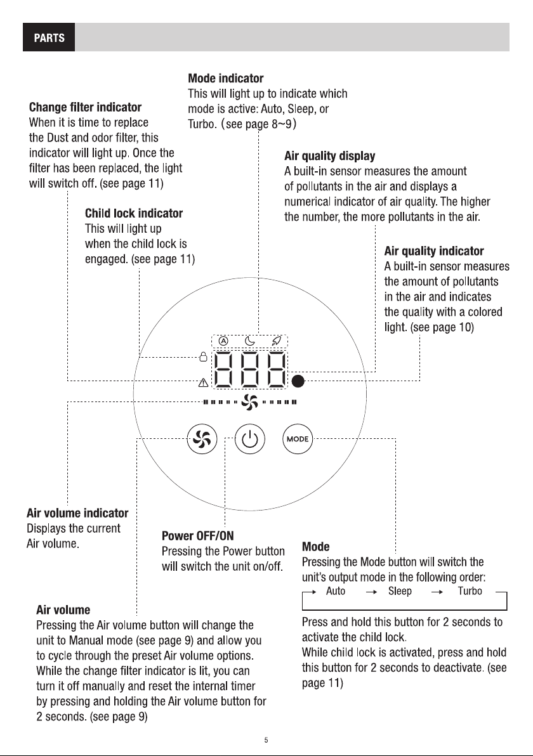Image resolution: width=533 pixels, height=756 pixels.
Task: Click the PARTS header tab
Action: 49,37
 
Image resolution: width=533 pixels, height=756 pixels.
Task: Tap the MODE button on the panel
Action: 297,439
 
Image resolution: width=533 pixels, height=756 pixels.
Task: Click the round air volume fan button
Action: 202,439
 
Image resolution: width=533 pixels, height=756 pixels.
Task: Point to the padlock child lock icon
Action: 204,356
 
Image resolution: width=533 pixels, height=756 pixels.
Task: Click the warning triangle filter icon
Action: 204,383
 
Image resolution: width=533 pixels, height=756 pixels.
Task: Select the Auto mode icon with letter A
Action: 223,341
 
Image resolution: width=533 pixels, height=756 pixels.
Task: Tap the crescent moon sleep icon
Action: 249,341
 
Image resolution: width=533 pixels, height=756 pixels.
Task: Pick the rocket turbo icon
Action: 277,341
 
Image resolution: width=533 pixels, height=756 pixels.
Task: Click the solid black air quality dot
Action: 299,381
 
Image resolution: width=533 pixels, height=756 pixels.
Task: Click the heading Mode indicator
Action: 226,78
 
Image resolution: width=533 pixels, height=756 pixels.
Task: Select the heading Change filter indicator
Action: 86,107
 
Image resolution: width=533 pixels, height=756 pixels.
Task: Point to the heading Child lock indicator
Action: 134,213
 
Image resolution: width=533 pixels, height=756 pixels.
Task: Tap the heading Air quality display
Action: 330,156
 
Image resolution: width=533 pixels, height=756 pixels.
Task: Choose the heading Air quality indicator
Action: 434,251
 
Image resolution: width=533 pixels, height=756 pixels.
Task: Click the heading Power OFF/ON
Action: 198,536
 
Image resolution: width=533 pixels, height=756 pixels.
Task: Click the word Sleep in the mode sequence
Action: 400,591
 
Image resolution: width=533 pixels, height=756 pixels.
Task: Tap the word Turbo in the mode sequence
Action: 470,591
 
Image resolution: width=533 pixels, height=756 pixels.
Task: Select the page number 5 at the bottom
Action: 266,740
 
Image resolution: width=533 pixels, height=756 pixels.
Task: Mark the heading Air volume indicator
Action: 77,513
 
